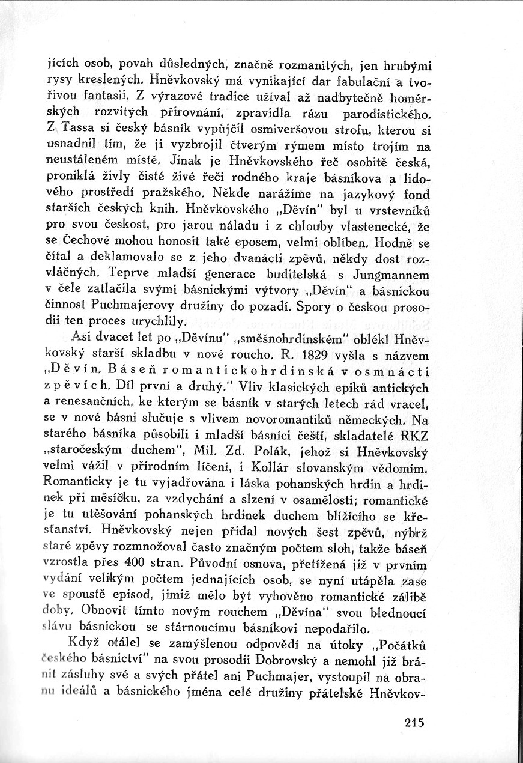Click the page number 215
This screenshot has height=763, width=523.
414,723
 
